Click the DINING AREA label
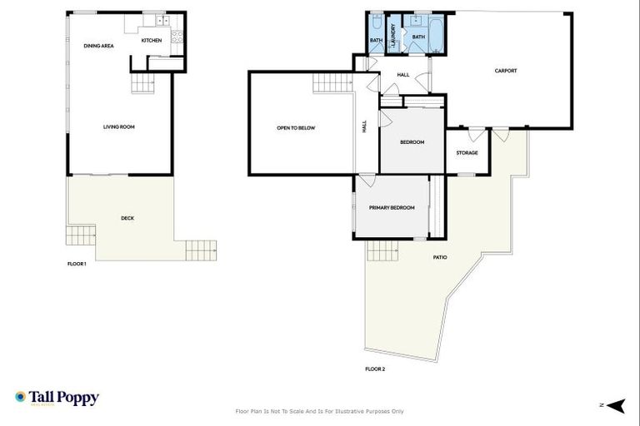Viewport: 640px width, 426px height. (98, 46)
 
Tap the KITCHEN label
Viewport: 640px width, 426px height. (151, 40)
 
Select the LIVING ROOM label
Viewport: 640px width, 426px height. (119, 127)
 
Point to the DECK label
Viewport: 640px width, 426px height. (127, 218)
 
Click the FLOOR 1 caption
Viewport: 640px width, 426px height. (77, 264)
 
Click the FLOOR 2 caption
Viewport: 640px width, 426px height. (375, 369)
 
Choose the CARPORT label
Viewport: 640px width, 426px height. (506, 71)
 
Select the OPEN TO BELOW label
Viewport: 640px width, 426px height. (296, 127)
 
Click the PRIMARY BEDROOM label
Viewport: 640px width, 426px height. (392, 207)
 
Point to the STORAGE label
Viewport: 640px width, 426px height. (467, 152)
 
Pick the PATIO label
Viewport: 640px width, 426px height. (439, 257)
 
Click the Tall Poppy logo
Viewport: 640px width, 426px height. (57, 398)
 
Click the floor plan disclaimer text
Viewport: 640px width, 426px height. (320, 411)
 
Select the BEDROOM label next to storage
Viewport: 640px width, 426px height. (412, 142)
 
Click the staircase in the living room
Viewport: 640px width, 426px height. (142, 82)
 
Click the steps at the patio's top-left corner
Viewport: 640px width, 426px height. (383, 249)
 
